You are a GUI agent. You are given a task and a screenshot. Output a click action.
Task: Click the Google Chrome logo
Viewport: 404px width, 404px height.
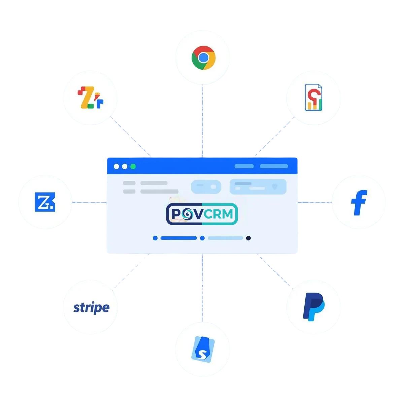coord(203,58)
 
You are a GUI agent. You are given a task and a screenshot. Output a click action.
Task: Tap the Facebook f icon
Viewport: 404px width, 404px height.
coord(359,202)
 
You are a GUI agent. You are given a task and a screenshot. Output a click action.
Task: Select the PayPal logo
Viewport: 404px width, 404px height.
coord(313,306)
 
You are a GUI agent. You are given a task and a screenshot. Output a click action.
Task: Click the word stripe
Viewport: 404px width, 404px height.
coord(91,308)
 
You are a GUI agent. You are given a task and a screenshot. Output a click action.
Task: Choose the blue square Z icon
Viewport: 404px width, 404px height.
coord(45,202)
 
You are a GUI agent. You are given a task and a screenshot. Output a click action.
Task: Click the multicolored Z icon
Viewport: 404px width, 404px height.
coord(90,98)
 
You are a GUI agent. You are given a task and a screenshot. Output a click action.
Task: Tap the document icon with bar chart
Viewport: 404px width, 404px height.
coord(313,98)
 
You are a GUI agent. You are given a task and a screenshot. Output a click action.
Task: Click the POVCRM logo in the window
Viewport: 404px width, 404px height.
coord(202,214)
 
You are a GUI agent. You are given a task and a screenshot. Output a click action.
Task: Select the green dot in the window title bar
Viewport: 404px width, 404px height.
coord(133,166)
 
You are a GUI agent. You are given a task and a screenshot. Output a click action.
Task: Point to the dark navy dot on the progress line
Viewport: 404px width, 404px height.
coord(248,238)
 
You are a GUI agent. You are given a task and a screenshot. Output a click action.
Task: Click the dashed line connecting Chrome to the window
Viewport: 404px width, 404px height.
coord(203,121)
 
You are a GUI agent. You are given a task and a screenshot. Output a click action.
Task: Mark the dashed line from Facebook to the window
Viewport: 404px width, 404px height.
coord(315,203)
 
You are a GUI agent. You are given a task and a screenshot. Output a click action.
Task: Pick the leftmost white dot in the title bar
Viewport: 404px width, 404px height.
coord(116,166)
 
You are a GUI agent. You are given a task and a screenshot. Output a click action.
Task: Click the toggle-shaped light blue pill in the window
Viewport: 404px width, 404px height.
coord(206,187)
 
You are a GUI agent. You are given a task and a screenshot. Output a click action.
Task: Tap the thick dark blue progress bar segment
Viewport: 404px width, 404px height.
coord(178,238)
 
